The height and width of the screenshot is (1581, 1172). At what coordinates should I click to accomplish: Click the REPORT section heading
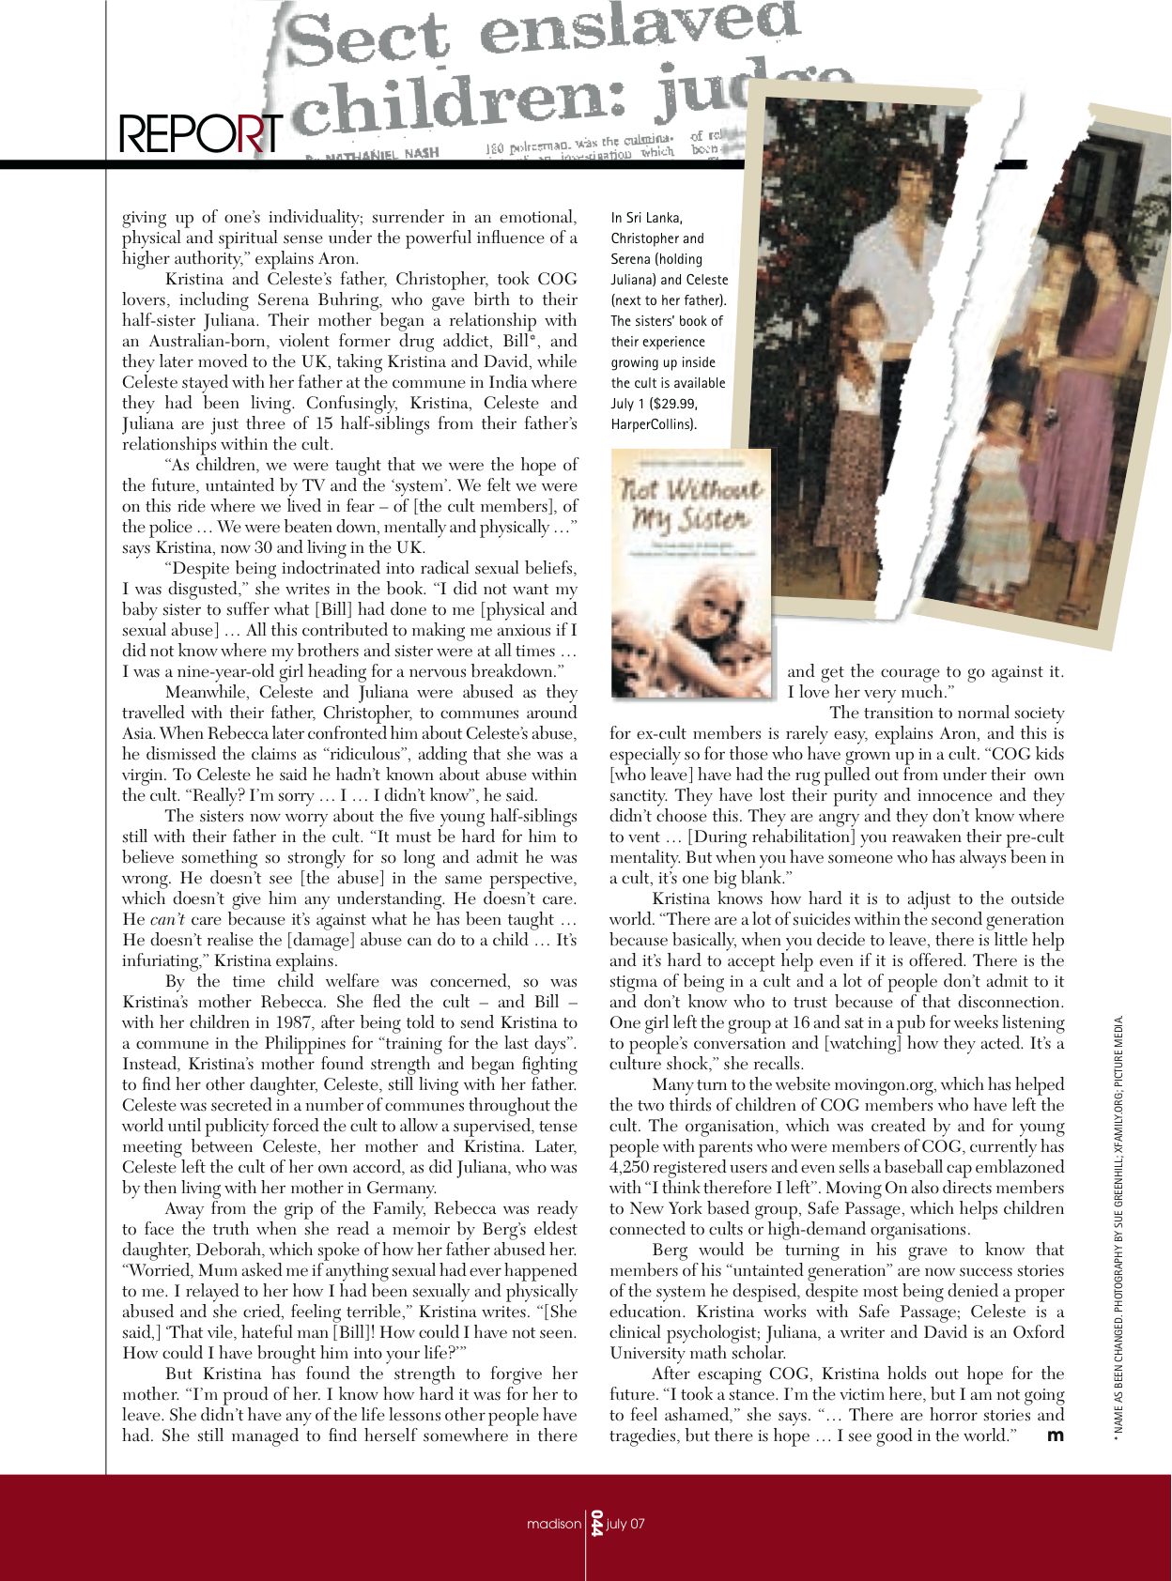tap(200, 134)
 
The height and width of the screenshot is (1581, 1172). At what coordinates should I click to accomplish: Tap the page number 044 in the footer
tap(595, 1523)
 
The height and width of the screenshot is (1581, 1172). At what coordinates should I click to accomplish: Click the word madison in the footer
tap(553, 1524)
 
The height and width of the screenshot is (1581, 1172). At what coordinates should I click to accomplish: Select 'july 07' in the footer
tap(625, 1524)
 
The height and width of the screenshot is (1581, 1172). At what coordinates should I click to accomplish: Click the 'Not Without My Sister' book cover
tap(692, 573)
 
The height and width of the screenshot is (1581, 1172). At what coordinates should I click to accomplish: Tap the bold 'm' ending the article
tap(1055, 1435)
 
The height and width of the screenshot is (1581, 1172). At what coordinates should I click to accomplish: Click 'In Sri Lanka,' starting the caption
tap(647, 218)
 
